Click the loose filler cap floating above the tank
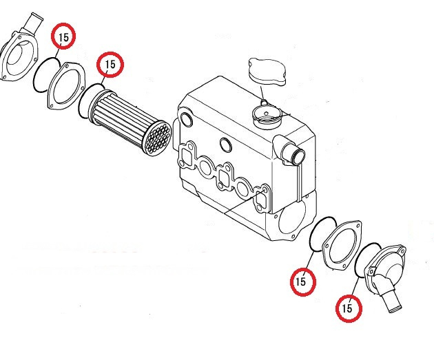click(x=267, y=72)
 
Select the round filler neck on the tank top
click(x=267, y=117)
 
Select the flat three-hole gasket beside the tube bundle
click(x=65, y=86)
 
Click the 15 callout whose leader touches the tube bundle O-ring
click(x=110, y=65)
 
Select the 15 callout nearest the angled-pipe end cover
click(x=349, y=308)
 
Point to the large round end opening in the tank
click(x=291, y=218)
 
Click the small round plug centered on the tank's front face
click(x=226, y=145)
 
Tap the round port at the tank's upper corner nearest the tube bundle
click(x=187, y=119)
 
